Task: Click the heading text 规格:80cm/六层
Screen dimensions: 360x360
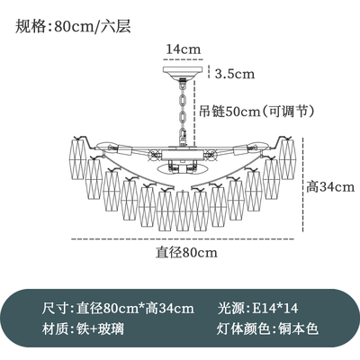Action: (73, 27)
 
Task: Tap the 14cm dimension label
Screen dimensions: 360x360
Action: (184, 49)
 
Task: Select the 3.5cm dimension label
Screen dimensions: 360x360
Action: (235, 74)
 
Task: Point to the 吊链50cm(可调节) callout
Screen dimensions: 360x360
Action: (256, 112)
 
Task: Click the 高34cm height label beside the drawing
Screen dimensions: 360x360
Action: (330, 187)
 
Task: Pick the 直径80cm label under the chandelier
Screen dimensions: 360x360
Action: (186, 253)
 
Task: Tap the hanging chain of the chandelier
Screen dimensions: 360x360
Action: (183, 111)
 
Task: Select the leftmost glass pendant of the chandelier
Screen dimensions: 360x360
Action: (79, 158)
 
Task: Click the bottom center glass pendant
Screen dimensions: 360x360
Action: (183, 211)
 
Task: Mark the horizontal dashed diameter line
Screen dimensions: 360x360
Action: (183, 239)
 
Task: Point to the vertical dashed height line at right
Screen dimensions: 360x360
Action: (304, 184)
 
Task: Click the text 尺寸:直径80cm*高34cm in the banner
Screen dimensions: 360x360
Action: (118, 308)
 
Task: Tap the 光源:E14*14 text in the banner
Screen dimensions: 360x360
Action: (257, 308)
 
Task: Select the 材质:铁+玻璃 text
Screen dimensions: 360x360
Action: (83, 328)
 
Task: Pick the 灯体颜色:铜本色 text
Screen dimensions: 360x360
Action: (267, 328)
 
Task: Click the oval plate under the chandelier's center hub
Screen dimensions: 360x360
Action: (182, 168)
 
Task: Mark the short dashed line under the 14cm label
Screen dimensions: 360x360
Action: (184, 59)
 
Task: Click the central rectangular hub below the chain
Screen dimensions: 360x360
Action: (182, 156)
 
